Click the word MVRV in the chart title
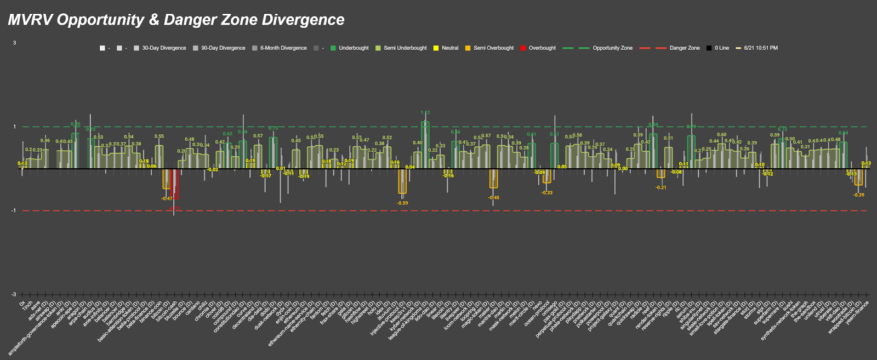point(30,20)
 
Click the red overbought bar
point(174,184)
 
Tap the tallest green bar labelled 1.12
point(425,145)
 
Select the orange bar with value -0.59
point(402,181)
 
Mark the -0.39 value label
point(859,195)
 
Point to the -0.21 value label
point(661,187)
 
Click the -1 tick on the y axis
point(15,211)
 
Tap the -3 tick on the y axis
point(15,295)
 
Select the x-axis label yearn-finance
point(857,313)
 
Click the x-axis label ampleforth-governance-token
point(33,328)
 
